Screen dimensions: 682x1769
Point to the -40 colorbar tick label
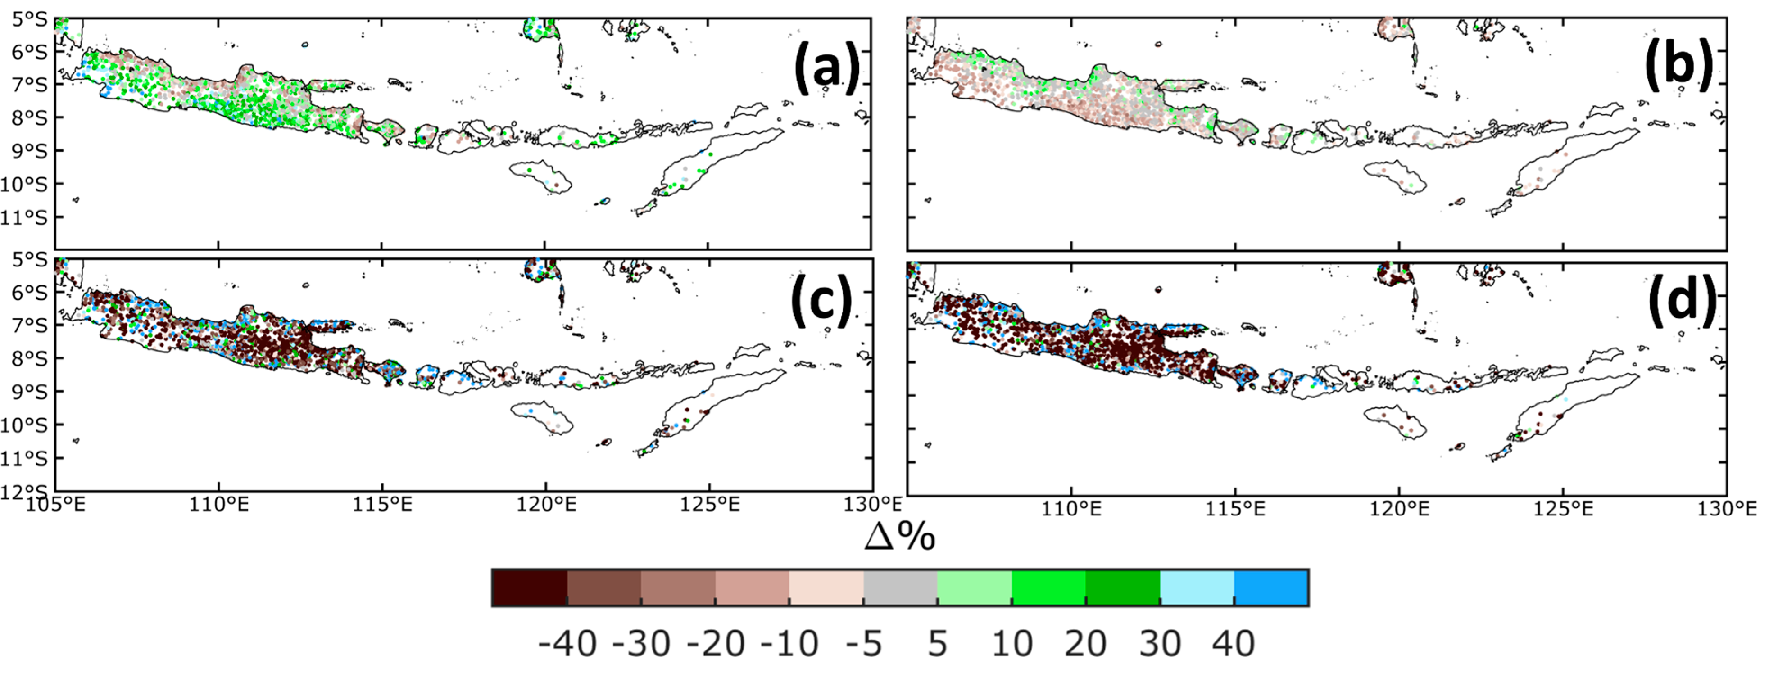coord(567,644)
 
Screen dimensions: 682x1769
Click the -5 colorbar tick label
coord(863,644)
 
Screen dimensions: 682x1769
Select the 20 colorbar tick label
coord(1085,644)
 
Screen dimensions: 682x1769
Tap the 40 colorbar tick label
coord(1234,644)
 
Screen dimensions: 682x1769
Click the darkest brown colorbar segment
coord(530,588)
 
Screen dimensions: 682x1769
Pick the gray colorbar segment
coord(900,588)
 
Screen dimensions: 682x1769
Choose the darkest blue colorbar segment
coord(1270,588)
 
